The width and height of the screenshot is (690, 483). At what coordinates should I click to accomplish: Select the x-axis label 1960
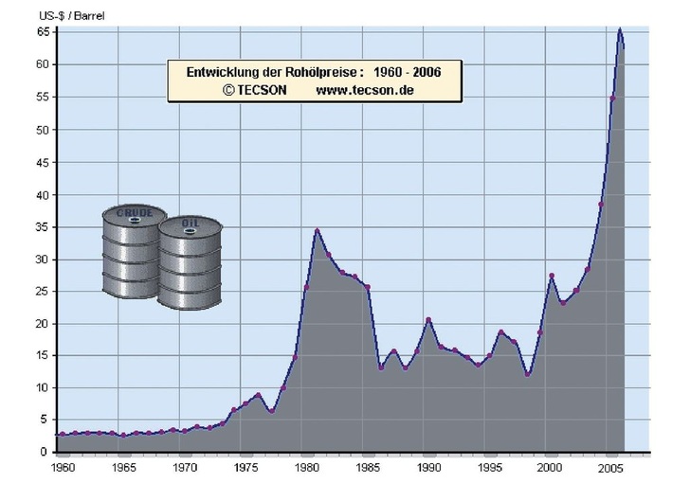click(x=63, y=468)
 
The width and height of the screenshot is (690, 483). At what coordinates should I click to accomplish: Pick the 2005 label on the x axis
click(x=612, y=468)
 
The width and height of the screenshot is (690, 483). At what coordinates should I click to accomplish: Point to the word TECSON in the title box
click(x=257, y=90)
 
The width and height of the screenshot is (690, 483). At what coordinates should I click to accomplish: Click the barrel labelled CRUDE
click(x=134, y=250)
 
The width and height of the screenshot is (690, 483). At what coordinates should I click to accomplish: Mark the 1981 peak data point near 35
click(x=318, y=230)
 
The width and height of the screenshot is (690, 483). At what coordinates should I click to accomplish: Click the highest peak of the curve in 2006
click(x=620, y=29)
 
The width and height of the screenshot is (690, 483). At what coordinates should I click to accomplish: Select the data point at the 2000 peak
click(x=552, y=276)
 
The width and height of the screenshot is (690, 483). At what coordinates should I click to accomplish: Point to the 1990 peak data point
click(x=429, y=320)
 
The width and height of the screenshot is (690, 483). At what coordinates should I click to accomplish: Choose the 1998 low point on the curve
click(x=527, y=374)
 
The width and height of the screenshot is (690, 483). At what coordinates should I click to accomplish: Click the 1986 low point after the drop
click(x=380, y=367)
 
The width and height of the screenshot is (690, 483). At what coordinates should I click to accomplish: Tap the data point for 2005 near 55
click(x=612, y=98)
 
